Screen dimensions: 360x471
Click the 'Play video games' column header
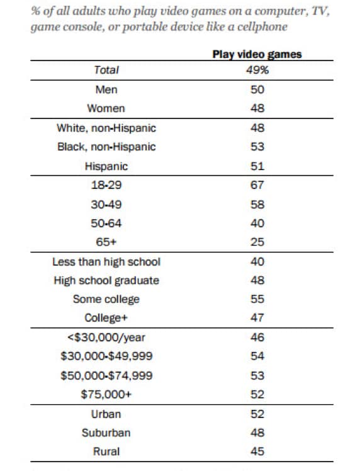click(257, 55)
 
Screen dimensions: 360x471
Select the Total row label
click(106, 70)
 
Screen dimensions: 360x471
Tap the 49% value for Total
click(257, 70)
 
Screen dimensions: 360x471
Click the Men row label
click(106, 89)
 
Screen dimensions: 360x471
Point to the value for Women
click(257, 108)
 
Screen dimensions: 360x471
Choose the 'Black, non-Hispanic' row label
click(106, 147)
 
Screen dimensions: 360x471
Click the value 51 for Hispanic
click(257, 166)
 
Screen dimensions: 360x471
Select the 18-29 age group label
click(106, 184)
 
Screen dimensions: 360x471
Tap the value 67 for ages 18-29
click(257, 184)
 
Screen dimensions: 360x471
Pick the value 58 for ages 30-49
click(257, 205)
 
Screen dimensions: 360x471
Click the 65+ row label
click(106, 242)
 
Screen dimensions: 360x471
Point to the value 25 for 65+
click(257, 242)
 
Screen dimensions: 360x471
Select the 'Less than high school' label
click(106, 262)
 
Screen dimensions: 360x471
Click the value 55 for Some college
click(257, 299)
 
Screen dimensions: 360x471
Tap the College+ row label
click(106, 318)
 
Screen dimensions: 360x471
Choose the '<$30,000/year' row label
click(106, 338)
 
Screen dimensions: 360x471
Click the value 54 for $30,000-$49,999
click(257, 356)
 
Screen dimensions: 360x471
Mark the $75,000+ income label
click(106, 394)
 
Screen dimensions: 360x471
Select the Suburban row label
click(106, 433)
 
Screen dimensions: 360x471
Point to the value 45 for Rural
click(257, 451)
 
